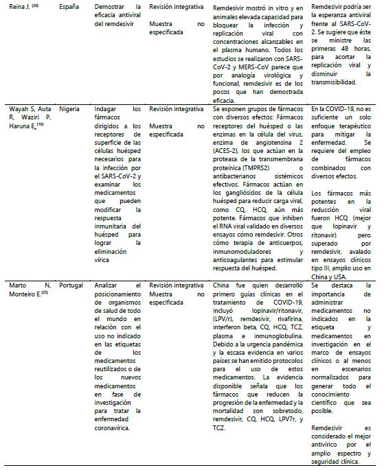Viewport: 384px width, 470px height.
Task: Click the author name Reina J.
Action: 16,7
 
